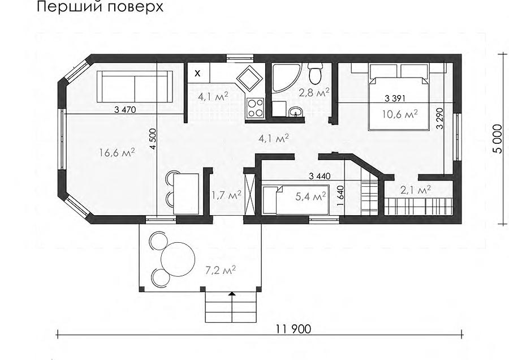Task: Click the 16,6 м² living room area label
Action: click(117, 152)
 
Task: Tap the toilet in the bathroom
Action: click(314, 73)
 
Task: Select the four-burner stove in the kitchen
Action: click(255, 108)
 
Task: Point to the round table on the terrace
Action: click(178, 259)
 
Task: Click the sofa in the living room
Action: click(135, 87)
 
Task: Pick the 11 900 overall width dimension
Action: click(294, 329)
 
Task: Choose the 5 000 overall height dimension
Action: click(497, 139)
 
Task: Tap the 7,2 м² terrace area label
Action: click(220, 270)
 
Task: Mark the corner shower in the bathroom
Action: click(285, 78)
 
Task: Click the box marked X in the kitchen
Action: click(197, 73)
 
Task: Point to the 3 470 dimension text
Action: click(125, 110)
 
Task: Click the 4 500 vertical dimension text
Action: click(153, 139)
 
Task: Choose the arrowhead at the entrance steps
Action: click(231, 294)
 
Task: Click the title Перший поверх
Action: click(100, 6)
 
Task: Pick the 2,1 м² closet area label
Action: click(416, 190)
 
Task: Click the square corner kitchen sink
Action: click(249, 78)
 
